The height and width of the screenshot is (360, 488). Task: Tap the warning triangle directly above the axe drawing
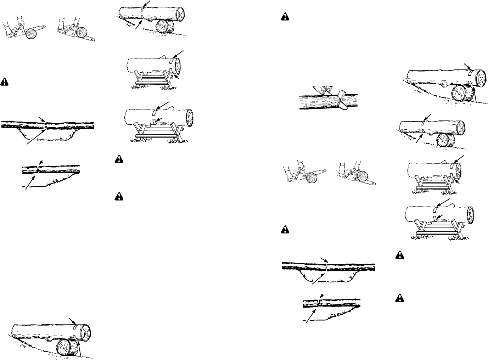[285, 16]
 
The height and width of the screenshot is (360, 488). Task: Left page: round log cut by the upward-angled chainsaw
[31, 34]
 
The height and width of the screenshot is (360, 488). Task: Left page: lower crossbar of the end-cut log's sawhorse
[152, 84]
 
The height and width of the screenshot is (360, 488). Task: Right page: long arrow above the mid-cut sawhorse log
[441, 202]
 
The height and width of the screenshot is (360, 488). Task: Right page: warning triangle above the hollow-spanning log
[285, 230]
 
